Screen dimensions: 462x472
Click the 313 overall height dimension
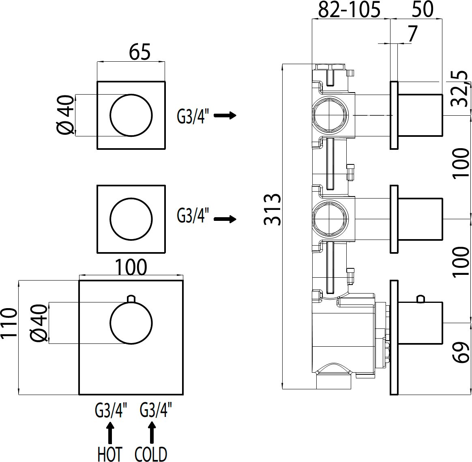[272, 209]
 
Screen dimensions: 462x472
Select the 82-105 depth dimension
[349, 10]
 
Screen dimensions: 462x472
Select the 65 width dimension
[140, 52]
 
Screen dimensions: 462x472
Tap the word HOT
[110, 453]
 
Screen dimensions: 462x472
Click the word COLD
[151, 453]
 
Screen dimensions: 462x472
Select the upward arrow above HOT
[109, 432]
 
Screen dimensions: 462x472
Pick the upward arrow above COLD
[152, 432]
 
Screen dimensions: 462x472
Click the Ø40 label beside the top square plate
[65, 115]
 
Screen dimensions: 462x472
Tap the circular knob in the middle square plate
[131, 219]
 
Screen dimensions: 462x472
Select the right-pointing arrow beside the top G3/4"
[225, 116]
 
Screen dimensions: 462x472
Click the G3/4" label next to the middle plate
[193, 216]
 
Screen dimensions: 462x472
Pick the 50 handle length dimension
[423, 10]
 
